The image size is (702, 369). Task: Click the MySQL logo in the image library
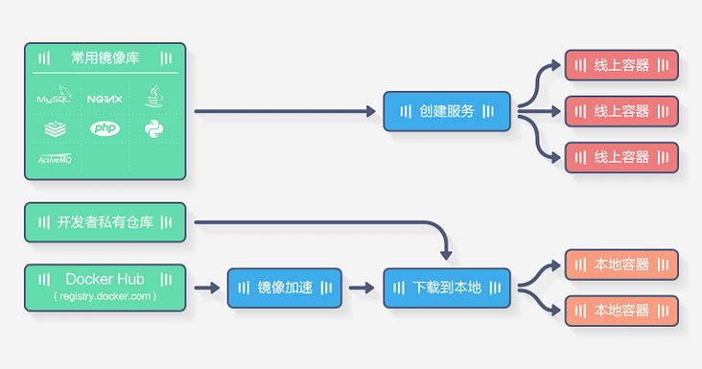pyautogui.click(x=54, y=98)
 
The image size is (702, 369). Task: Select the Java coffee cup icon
pyautogui.click(x=154, y=96)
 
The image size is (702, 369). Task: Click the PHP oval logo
pyautogui.click(x=105, y=128)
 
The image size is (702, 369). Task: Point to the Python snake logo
pyautogui.click(x=154, y=128)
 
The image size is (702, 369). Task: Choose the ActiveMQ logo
pyautogui.click(x=54, y=159)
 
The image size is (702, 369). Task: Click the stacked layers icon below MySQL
pyautogui.click(x=54, y=128)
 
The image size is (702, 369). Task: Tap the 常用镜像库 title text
pyautogui.click(x=105, y=58)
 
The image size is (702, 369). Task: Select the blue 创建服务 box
pyautogui.click(x=447, y=111)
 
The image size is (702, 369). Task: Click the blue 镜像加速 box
pyautogui.click(x=285, y=288)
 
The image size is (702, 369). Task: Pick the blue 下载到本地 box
pyautogui.click(x=447, y=288)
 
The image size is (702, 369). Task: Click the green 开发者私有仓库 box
pyautogui.click(x=105, y=222)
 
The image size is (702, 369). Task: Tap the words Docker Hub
pyautogui.click(x=105, y=279)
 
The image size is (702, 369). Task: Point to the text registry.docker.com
pyautogui.click(x=105, y=297)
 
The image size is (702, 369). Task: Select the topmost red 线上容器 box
pyautogui.click(x=621, y=65)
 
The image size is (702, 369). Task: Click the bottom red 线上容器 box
pyautogui.click(x=621, y=157)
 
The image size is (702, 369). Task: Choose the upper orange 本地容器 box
pyautogui.click(x=621, y=265)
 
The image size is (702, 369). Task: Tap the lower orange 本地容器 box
pyautogui.click(x=621, y=311)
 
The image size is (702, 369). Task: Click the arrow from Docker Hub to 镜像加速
pyautogui.click(x=206, y=288)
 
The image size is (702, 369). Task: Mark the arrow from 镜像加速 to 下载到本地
pyautogui.click(x=362, y=288)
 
